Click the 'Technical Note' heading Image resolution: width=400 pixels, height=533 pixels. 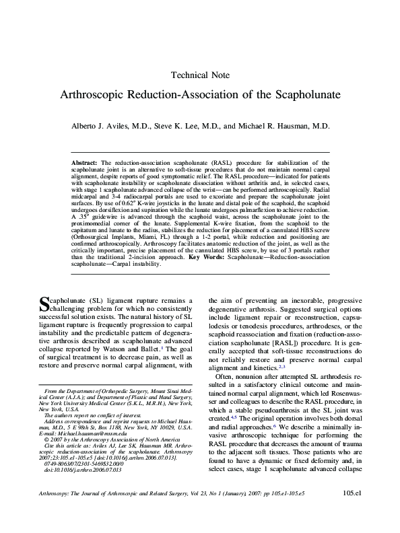click(x=201, y=75)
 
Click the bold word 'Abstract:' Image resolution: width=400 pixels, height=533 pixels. click(x=84, y=163)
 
